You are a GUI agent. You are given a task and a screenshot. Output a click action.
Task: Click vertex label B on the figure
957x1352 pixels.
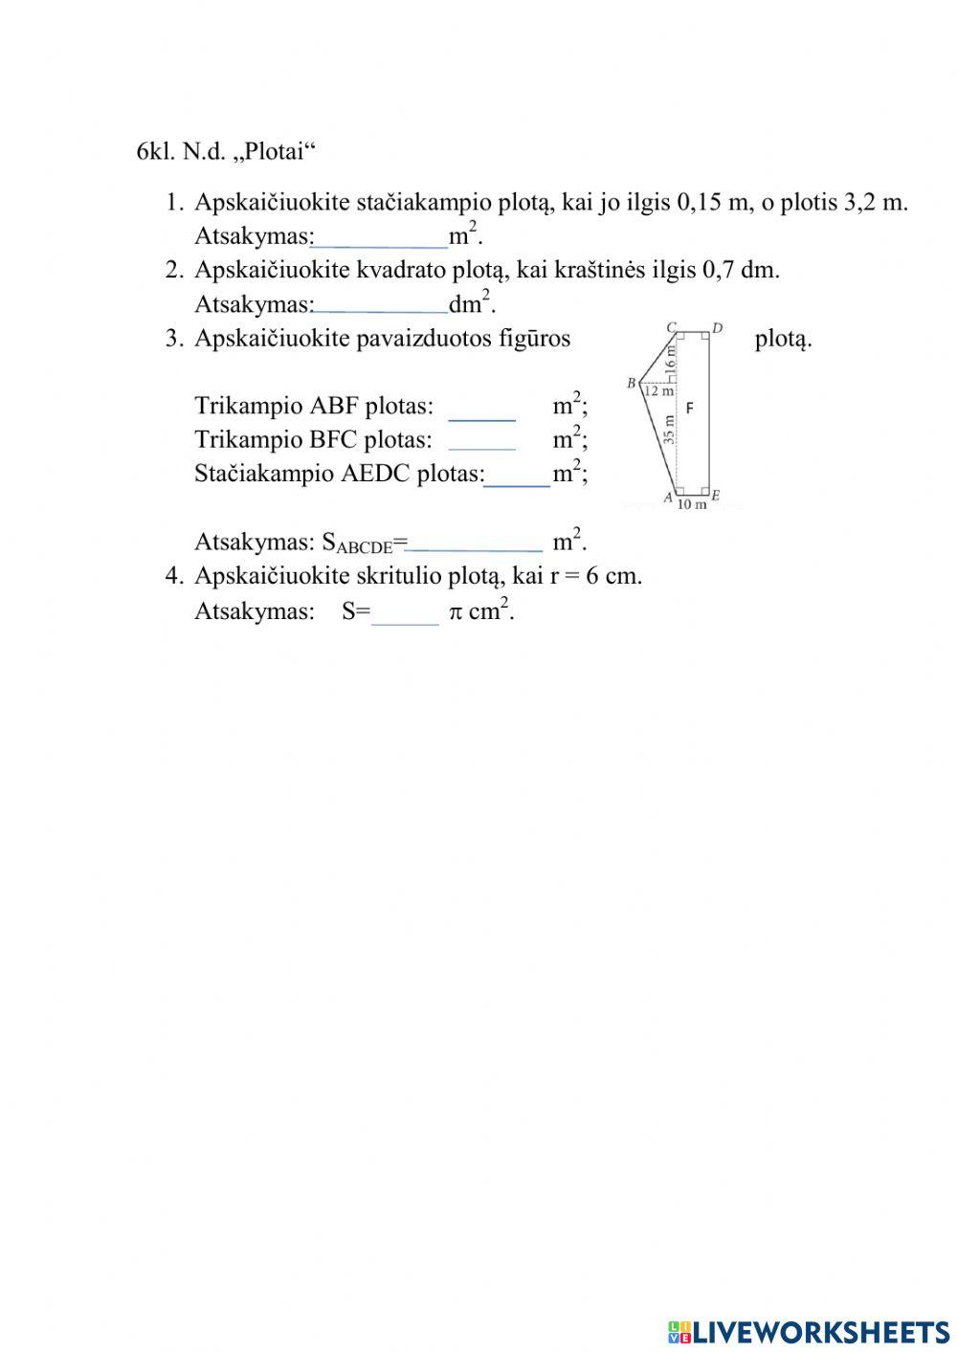[x=632, y=384]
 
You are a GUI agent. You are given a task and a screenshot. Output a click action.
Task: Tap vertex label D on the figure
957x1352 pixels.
[x=717, y=328]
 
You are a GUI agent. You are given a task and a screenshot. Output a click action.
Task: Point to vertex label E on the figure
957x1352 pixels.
[x=715, y=496]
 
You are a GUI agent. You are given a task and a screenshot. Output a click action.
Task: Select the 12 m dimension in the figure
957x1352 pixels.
[x=657, y=390]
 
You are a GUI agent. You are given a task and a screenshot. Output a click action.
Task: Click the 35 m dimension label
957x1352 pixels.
[x=669, y=430]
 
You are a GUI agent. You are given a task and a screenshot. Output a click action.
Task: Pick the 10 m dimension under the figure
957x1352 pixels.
[x=691, y=504]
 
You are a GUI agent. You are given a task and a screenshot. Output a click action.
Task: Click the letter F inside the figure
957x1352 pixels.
[x=690, y=408]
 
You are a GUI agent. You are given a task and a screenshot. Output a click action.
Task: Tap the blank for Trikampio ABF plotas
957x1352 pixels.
[x=481, y=408]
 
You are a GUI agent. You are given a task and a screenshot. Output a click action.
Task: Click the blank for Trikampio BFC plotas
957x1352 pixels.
[x=481, y=440]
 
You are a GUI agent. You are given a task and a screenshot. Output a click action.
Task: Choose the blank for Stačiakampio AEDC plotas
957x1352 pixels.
[x=517, y=475]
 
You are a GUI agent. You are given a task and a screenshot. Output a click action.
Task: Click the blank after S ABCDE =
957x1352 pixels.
[x=475, y=543]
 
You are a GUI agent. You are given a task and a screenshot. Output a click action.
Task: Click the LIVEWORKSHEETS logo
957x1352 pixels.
[x=809, y=1332]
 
